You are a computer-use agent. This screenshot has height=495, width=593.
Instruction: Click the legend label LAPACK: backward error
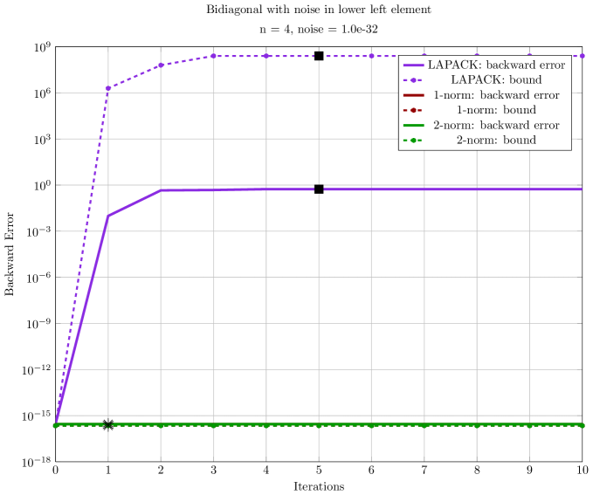[x=496, y=65]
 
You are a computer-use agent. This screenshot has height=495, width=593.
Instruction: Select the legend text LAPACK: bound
[x=496, y=80]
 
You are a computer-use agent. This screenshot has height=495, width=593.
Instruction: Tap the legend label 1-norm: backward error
[x=496, y=95]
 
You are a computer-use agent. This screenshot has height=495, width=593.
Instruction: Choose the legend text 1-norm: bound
[x=496, y=110]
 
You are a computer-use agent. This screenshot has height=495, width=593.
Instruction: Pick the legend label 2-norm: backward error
[x=496, y=125]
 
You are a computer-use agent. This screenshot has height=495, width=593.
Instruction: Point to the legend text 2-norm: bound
[x=496, y=140]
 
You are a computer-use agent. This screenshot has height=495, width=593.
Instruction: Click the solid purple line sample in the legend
[x=414, y=65]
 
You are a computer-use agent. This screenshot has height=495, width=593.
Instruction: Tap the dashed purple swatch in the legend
[x=414, y=80]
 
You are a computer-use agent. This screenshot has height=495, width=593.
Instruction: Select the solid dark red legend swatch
[x=414, y=95]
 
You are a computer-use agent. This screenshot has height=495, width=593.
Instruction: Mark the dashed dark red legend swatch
[x=414, y=110]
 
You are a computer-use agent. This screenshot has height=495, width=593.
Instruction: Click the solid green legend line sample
[x=414, y=125]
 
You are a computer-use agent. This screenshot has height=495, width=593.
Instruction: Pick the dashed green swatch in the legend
[x=414, y=140]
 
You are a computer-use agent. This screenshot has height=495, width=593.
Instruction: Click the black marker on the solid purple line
[x=319, y=189]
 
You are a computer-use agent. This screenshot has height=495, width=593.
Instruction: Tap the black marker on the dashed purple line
[x=319, y=56]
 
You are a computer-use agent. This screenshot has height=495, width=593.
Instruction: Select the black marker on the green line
[x=108, y=425]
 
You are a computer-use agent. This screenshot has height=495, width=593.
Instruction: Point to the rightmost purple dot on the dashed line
[x=582, y=56]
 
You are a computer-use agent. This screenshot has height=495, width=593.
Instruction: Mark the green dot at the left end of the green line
[x=56, y=425]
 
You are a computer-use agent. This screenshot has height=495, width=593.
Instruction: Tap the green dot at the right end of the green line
[x=582, y=425]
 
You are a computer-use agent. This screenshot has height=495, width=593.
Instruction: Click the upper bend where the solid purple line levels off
[x=161, y=190]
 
